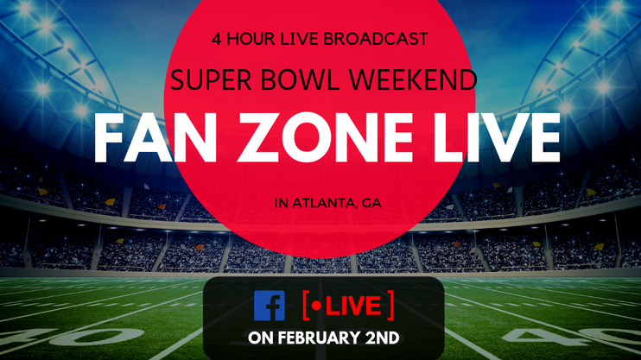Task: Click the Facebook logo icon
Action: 270,306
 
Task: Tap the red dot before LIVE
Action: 316,306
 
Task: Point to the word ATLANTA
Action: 320,203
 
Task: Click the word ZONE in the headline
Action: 326,138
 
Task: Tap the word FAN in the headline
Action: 155,138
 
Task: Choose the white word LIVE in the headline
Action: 497,138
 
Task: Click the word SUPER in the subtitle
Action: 211,79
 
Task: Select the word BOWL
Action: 300,79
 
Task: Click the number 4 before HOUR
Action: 216,39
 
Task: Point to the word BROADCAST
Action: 375,39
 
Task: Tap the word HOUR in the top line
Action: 251,39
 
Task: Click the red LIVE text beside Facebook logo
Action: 353,306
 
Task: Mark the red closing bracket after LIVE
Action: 390,306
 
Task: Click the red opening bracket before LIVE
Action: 306,306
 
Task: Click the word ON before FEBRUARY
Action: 260,338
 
